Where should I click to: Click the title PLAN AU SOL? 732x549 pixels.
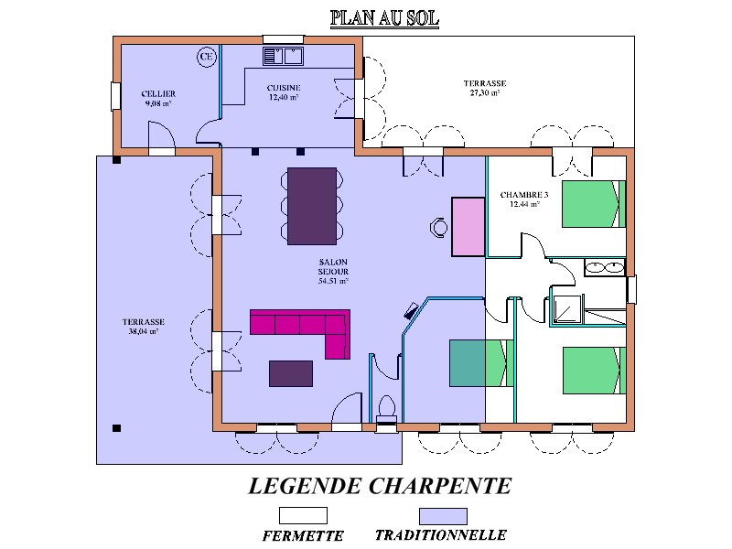click(x=384, y=18)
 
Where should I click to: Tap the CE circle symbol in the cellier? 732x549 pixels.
click(x=207, y=57)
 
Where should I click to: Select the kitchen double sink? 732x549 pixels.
click(x=283, y=56)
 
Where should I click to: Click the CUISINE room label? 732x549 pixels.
click(x=284, y=88)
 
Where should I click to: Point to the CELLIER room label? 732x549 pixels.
click(x=158, y=94)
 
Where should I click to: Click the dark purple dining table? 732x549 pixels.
click(x=312, y=206)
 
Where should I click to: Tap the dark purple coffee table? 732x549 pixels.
click(x=291, y=373)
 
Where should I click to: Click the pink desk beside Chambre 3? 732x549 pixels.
click(x=468, y=227)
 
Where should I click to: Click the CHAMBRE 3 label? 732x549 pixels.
click(x=523, y=195)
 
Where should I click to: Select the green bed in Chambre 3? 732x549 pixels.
click(x=593, y=204)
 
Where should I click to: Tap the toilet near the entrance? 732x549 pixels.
click(x=386, y=407)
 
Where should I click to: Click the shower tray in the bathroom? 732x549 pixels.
click(x=566, y=309)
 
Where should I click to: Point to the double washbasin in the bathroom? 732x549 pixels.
click(x=605, y=267)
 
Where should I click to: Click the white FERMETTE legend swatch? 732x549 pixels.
click(x=303, y=516)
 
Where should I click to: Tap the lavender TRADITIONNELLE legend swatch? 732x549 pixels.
click(x=443, y=516)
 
